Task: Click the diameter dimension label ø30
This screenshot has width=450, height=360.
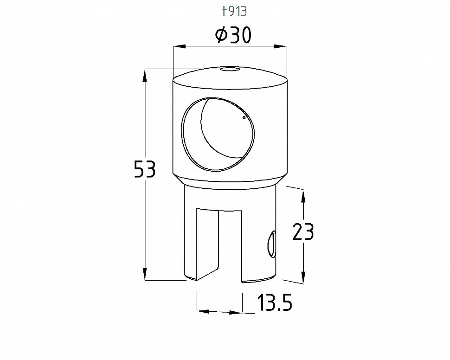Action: pyautogui.click(x=233, y=35)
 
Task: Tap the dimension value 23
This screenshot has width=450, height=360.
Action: pyautogui.click(x=303, y=231)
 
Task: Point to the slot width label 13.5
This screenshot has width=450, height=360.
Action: pyautogui.click(x=275, y=302)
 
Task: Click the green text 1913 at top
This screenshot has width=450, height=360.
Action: pyautogui.click(x=234, y=12)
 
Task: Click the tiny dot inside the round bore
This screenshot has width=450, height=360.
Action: pyautogui.click(x=244, y=117)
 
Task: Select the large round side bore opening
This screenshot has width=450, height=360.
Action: pyautogui.click(x=218, y=134)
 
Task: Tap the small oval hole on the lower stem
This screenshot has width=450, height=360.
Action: pyautogui.click(x=271, y=244)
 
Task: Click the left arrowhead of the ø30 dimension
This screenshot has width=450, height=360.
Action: pyautogui.click(x=178, y=46)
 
